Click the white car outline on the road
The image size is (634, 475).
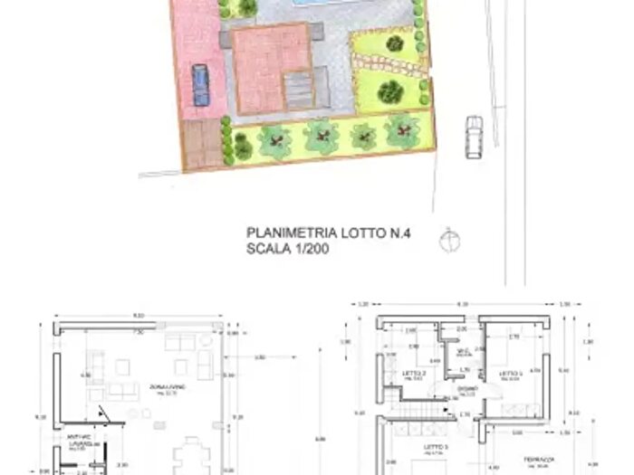[x=474, y=137]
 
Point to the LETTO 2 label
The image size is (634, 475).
[x=412, y=374]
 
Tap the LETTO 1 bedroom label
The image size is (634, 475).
[x=514, y=374]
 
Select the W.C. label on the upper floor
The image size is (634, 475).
[x=461, y=352]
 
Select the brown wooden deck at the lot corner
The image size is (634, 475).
[x=200, y=145]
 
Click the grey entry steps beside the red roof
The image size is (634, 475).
[x=298, y=90]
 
